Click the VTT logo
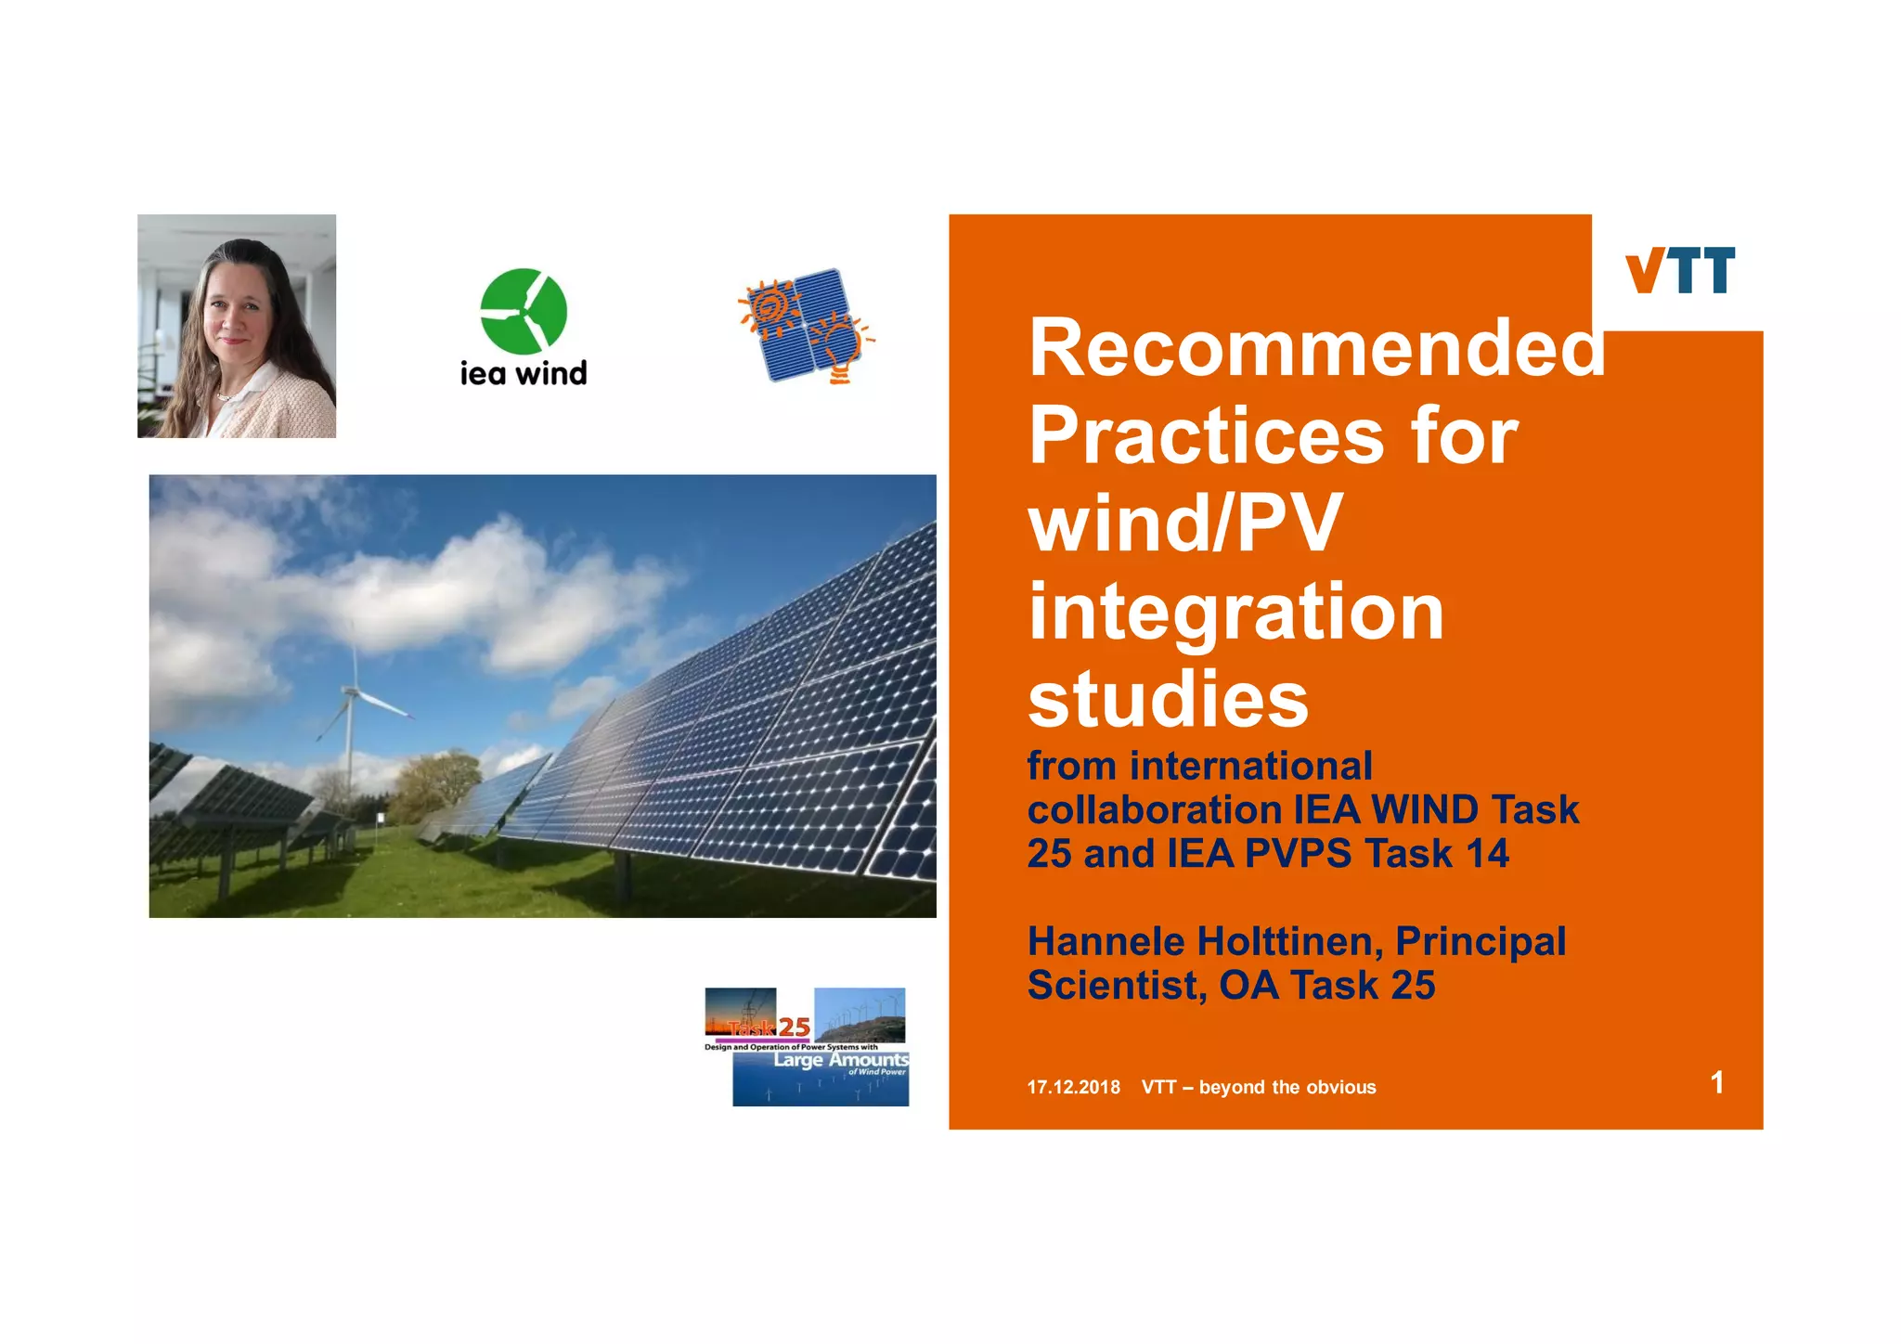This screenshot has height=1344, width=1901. point(1679,270)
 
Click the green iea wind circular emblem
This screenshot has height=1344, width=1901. point(524,311)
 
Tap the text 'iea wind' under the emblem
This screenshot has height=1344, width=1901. point(524,373)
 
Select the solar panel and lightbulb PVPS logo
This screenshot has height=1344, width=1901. point(806,327)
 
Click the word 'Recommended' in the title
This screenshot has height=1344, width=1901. point(1316,348)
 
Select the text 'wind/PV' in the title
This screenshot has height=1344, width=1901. point(1184,523)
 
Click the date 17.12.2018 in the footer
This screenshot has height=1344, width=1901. point(1073,1087)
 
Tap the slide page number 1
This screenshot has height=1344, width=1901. point(1716,1082)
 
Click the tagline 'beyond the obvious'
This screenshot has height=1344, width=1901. point(1287,1087)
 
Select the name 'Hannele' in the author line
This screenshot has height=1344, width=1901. point(1106,941)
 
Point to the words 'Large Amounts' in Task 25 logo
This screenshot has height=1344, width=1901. point(841,1060)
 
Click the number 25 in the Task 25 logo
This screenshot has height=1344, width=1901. point(795,1027)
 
